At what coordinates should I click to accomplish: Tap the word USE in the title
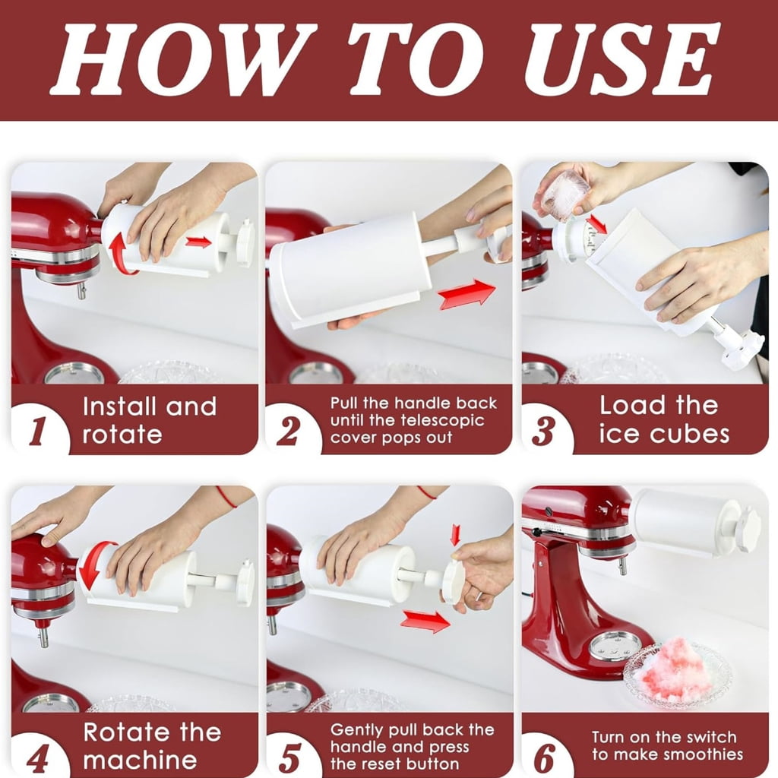(x=623, y=59)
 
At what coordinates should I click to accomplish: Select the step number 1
(x=38, y=430)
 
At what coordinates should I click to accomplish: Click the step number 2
(x=288, y=431)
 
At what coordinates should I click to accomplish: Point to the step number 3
(x=543, y=431)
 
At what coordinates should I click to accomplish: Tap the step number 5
(x=289, y=757)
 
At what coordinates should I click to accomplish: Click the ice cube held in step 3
(x=565, y=195)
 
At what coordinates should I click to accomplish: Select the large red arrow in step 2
(x=467, y=295)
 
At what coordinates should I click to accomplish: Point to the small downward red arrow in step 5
(x=455, y=535)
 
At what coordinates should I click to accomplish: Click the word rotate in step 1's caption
(x=122, y=435)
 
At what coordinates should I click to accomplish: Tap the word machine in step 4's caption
(x=141, y=760)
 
